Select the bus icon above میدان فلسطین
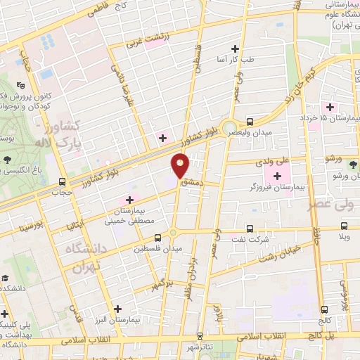157,237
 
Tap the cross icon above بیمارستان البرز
117,308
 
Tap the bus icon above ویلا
344,226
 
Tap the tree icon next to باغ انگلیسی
6,160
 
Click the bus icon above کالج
324,309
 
